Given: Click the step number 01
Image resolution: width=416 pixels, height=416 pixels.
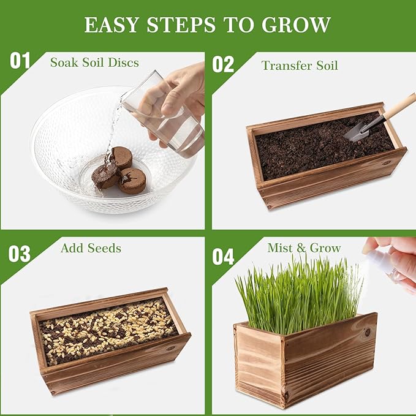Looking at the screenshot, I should (x=20, y=61).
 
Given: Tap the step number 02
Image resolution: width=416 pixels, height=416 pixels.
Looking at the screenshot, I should (x=224, y=64).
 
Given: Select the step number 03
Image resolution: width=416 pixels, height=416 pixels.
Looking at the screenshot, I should (x=19, y=253).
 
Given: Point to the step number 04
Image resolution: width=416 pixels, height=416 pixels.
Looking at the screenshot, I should (x=224, y=256).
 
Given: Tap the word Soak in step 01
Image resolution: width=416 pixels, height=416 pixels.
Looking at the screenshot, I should (x=64, y=62).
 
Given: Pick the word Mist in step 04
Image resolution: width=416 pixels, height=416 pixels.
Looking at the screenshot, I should (x=279, y=248).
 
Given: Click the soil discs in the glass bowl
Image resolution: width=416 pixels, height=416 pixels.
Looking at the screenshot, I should (x=123, y=172).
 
